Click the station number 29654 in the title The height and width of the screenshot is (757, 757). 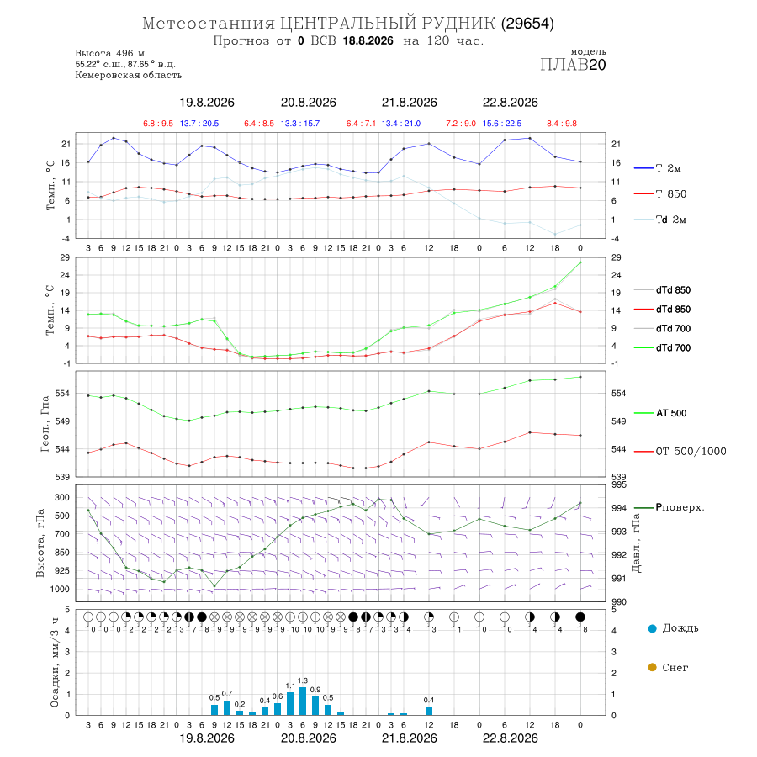pyautogui.click(x=527, y=24)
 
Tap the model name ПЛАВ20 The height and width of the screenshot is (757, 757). pyautogui.click(x=573, y=65)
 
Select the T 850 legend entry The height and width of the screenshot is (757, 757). pyautogui.click(x=660, y=194)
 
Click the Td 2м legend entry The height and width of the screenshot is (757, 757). pyautogui.click(x=660, y=220)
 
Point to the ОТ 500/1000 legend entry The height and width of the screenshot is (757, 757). pyautogui.click(x=680, y=452)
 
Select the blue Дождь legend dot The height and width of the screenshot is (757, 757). pyautogui.click(x=652, y=628)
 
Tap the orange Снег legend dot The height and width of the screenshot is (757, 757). pyautogui.click(x=652, y=667)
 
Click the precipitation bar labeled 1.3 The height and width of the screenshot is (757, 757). pyautogui.click(x=303, y=701)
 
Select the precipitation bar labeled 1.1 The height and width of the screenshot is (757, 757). pyautogui.click(x=290, y=703)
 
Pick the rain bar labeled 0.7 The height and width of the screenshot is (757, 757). pyautogui.click(x=227, y=707)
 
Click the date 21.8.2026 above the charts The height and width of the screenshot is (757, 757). pyautogui.click(x=410, y=103)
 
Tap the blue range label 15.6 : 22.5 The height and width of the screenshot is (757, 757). pyautogui.click(x=502, y=124)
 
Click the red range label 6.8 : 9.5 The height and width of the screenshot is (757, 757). pyautogui.click(x=158, y=124)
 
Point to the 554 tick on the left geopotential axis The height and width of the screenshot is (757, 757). pyautogui.click(x=62, y=394)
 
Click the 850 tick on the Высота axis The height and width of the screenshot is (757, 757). pyautogui.click(x=61, y=553)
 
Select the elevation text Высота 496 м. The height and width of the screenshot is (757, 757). pyautogui.click(x=111, y=53)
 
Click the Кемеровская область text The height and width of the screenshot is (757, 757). pyautogui.click(x=129, y=75)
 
